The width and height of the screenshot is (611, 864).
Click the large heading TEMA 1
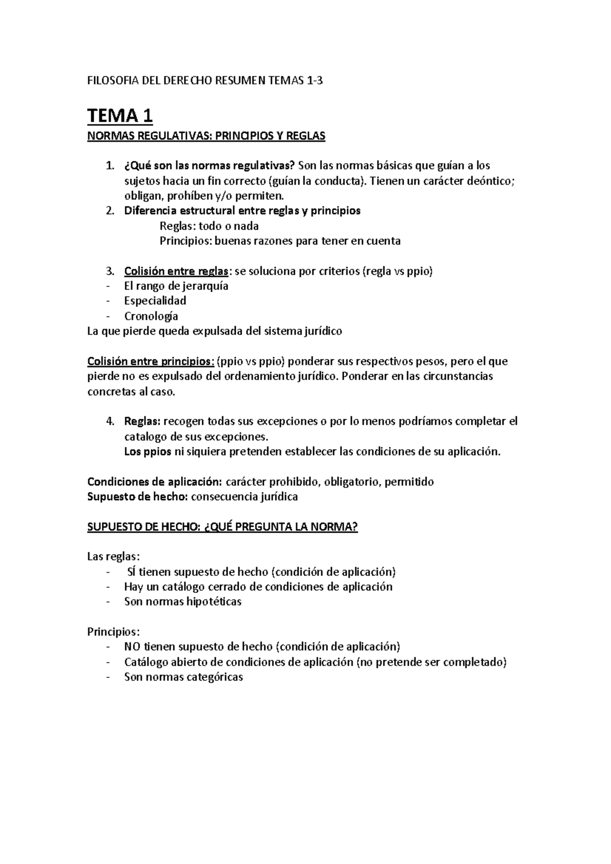120,116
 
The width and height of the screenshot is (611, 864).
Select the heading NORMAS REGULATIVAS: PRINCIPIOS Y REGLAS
206,136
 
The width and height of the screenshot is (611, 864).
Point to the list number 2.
110,211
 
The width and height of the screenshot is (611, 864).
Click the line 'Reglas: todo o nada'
209,226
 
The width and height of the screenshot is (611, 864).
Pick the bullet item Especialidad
155,301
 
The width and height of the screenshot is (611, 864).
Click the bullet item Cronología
151,316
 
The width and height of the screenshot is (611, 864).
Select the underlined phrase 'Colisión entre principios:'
151,362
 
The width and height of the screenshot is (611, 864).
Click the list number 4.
110,421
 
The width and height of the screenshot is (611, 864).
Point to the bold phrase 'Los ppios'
148,452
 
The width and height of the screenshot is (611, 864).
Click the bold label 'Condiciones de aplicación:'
155,482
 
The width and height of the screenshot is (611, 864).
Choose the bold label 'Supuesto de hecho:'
137,497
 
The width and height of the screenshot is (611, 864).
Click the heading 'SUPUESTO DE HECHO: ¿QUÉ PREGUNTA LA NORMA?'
223,527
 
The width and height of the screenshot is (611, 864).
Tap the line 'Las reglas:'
114,557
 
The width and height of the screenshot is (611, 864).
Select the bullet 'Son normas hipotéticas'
183,602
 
